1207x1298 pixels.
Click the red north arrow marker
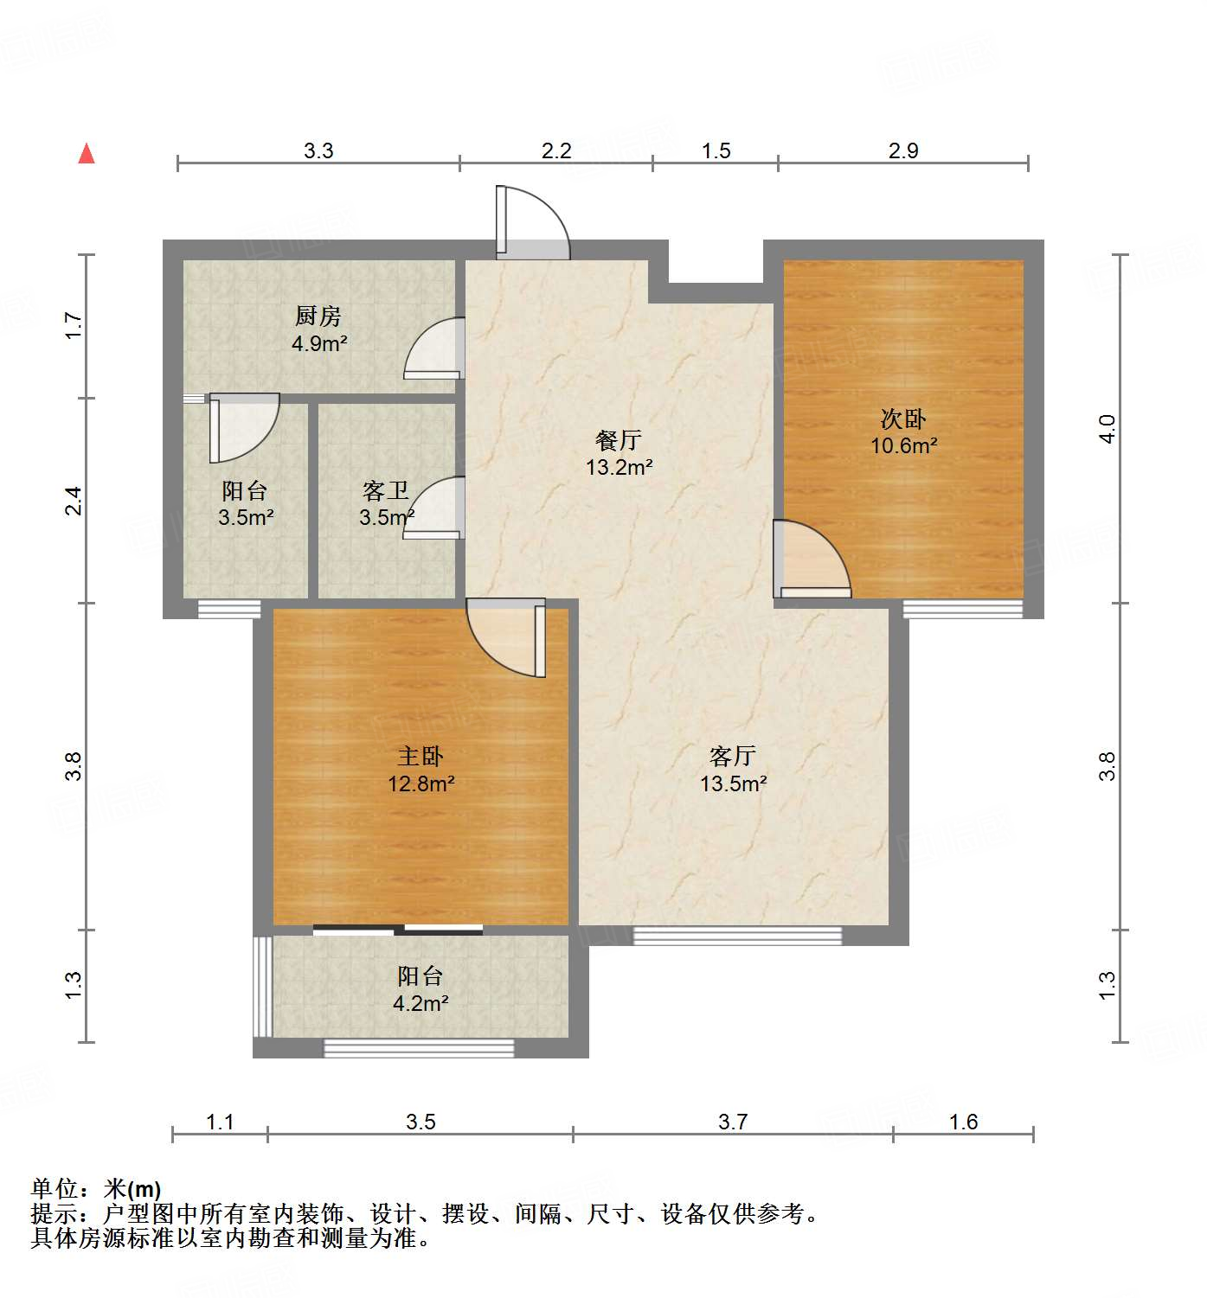(x=87, y=154)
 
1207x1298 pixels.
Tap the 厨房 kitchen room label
(x=318, y=316)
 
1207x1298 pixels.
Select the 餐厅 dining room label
(x=619, y=440)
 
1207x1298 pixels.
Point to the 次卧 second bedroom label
(x=903, y=419)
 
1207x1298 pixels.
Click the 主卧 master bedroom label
(x=421, y=757)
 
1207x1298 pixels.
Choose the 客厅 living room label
(x=733, y=757)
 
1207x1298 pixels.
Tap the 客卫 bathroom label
(x=386, y=491)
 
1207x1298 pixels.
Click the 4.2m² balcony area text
(x=421, y=1004)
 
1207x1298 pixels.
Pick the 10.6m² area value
(x=904, y=446)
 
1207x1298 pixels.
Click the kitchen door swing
(x=435, y=348)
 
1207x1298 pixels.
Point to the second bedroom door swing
(x=812, y=560)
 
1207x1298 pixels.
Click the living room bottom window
(x=737, y=936)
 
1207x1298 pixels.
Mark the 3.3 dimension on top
(x=318, y=151)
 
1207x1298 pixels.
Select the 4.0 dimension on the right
(x=1107, y=428)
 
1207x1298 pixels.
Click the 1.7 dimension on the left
(x=74, y=325)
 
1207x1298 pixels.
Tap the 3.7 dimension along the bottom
(x=733, y=1122)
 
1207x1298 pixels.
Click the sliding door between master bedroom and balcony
(x=398, y=930)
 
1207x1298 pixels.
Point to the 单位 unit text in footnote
(x=55, y=1189)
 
